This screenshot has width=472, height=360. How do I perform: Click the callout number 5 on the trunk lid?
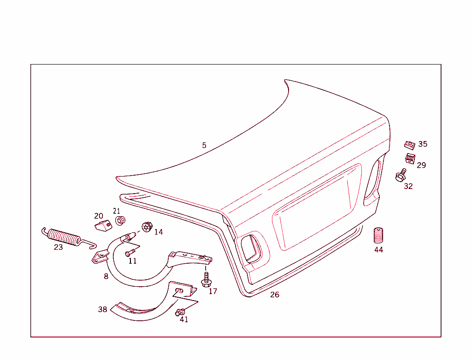coord(204,145)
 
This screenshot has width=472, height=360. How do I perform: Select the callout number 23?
coord(58,248)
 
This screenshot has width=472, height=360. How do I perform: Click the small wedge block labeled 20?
coord(103,225)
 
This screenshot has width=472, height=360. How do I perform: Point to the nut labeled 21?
coord(120,221)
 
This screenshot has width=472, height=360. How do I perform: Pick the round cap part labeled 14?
coord(147,227)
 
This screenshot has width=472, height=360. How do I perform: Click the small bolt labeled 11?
coord(129,253)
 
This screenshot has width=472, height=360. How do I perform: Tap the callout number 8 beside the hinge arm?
coord(106,277)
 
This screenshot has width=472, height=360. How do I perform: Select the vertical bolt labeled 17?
coord(206,278)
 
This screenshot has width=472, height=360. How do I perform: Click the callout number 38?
coord(102,309)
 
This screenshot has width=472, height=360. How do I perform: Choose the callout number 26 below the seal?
coord(275,295)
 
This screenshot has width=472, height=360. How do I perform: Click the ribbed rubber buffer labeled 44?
coord(378,236)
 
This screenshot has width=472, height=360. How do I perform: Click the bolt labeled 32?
coord(401,175)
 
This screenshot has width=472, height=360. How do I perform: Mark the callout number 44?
coord(378,250)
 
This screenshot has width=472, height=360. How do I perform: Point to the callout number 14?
coord(159,232)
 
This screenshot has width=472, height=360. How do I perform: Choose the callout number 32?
coord(408,186)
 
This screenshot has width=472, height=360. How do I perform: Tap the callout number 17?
coord(212,291)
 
